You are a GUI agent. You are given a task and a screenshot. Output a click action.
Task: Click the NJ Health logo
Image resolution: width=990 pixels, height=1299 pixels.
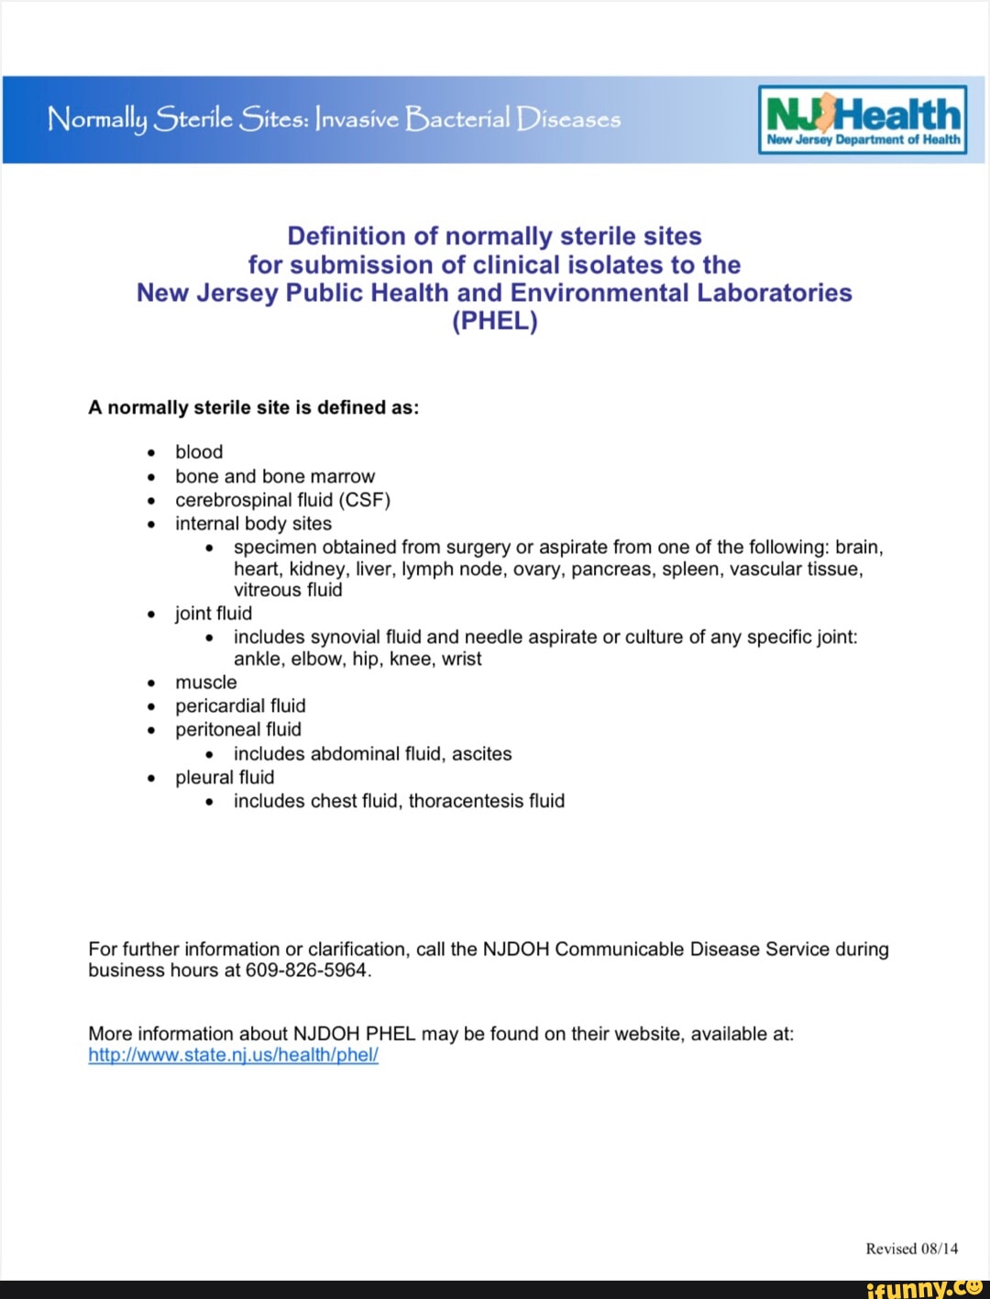pyautogui.click(x=863, y=119)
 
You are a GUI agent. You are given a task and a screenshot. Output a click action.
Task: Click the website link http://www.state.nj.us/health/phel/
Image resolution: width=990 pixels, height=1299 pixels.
pyautogui.click(x=233, y=1055)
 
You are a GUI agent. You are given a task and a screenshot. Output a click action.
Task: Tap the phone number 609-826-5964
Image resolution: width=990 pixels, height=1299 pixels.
pyautogui.click(x=306, y=971)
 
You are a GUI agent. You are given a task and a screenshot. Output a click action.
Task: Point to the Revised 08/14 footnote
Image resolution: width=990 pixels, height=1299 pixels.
pyautogui.click(x=911, y=1249)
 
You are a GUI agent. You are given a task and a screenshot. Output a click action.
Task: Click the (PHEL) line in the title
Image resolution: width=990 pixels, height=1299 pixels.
pyautogui.click(x=494, y=322)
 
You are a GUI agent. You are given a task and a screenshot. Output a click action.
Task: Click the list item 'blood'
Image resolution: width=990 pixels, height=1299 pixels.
pyautogui.click(x=199, y=452)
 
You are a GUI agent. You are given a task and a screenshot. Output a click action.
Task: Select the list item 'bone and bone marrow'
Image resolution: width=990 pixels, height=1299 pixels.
pyautogui.click(x=275, y=476)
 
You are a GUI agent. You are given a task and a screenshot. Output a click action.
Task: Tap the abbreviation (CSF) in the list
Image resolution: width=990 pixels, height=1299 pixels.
pyautogui.click(x=365, y=500)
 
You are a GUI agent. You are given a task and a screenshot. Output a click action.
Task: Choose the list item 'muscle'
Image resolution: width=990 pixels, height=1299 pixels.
pyautogui.click(x=205, y=683)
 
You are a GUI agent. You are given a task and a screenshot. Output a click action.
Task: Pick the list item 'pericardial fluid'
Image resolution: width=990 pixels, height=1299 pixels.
pyautogui.click(x=240, y=706)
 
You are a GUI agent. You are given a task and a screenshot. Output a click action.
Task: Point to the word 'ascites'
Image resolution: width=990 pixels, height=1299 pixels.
pyautogui.click(x=481, y=754)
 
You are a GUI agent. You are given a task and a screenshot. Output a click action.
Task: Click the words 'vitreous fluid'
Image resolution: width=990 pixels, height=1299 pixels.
pyautogui.click(x=288, y=590)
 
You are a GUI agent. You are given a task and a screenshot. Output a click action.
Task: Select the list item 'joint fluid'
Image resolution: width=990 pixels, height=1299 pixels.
pyautogui.click(x=213, y=614)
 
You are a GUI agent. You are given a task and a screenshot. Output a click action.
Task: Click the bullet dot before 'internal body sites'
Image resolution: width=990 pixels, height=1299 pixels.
pyautogui.click(x=151, y=525)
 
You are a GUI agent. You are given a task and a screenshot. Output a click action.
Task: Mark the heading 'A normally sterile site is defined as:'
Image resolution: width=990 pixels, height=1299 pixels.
pyautogui.click(x=253, y=408)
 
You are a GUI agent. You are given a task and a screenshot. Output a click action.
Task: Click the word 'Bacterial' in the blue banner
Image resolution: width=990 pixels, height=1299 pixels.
pyautogui.click(x=457, y=119)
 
